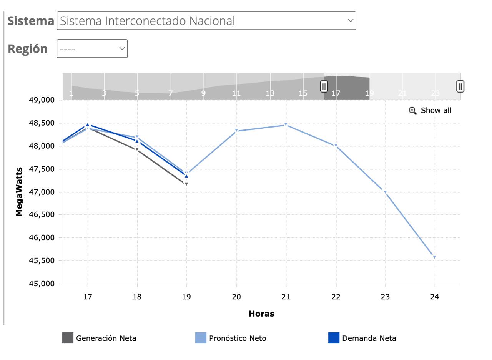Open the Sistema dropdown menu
coord(206,21)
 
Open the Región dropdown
coord(92,49)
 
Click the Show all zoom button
coord(430,111)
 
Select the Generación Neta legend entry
coord(99,338)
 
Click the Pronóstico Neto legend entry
coord(231,338)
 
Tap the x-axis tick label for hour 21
coord(286,297)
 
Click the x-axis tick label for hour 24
coord(435,297)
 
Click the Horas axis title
coord(261,314)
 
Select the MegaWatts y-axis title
coord(19,192)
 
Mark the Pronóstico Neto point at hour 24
coord(435,257)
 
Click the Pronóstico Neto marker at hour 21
coord(286,125)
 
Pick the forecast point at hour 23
coord(385,192)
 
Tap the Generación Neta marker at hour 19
coord(186,184)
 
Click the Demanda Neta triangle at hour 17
coord(88,125)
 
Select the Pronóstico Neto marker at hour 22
coord(336,146)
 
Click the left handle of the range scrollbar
coord(324,86)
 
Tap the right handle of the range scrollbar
coord(460,86)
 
